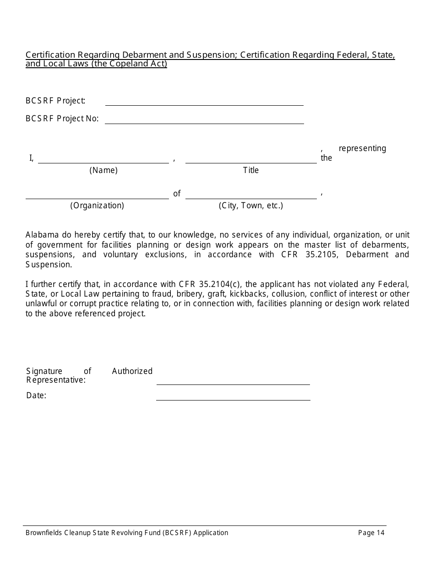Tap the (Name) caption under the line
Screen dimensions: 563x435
click(x=103, y=170)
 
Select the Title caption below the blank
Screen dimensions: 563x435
click(x=250, y=170)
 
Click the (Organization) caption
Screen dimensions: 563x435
click(x=97, y=206)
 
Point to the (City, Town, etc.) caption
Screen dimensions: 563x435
click(x=251, y=206)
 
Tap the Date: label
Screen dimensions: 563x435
click(x=36, y=395)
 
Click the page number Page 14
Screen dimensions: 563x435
click(x=371, y=532)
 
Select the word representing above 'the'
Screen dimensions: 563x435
click(x=362, y=148)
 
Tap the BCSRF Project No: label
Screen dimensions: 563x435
click(x=62, y=119)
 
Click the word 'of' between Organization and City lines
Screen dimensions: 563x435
click(x=177, y=194)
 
